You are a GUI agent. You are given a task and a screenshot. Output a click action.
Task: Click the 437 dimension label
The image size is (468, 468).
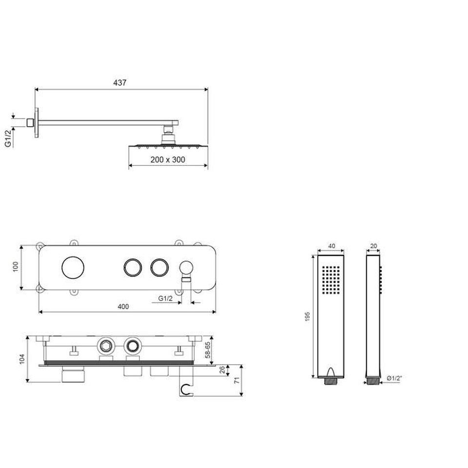pyautogui.click(x=120, y=83)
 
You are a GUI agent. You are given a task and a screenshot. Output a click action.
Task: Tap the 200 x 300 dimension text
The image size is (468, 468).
pyautogui.click(x=168, y=160)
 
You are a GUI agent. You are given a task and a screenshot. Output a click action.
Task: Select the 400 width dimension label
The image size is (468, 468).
pyautogui.click(x=123, y=307)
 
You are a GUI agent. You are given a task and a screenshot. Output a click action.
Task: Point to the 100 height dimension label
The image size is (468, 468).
pyautogui.click(x=16, y=267)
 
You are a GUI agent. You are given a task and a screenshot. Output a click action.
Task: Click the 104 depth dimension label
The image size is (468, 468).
pyautogui.click(x=22, y=359)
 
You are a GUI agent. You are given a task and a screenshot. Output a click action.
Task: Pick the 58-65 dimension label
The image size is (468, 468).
pyautogui.click(x=208, y=350)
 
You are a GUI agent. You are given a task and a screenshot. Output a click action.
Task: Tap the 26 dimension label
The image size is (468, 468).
pyautogui.click(x=222, y=370)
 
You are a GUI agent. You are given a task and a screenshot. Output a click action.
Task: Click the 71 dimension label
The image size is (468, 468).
pyautogui.click(x=237, y=380)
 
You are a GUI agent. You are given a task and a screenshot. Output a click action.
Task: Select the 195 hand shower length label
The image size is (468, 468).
pyautogui.click(x=308, y=317)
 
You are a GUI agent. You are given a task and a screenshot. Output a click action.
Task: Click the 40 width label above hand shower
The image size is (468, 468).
pyautogui.click(x=331, y=246)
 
